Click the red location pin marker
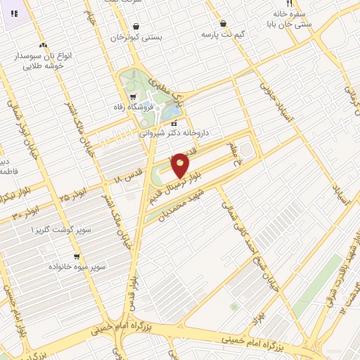tap(180, 165)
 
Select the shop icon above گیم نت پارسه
tap(223, 23)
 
